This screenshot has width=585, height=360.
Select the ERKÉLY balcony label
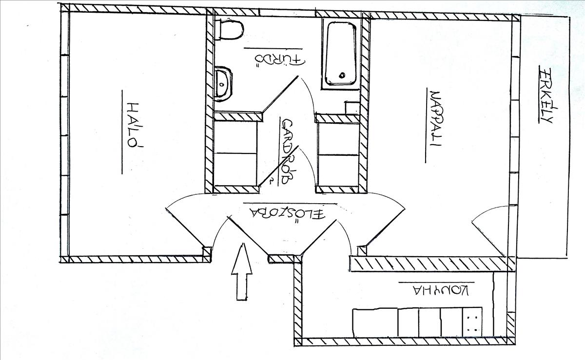coord(545,95)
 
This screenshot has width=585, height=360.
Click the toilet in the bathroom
coord(230,30)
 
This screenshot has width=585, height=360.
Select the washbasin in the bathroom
coord(223,84)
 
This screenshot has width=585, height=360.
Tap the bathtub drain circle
coord(342,76)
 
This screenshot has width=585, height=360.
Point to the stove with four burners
coord(472,322)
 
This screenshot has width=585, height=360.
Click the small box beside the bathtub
coord(351,108)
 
